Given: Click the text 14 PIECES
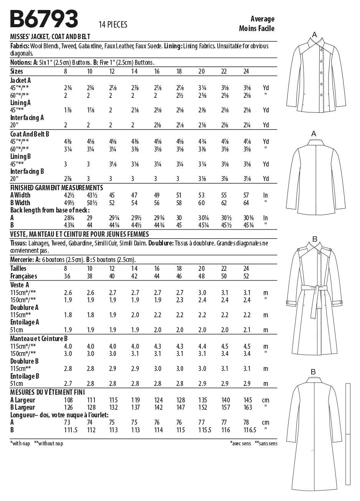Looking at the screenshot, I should tap(113, 25).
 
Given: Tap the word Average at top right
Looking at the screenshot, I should tap(263, 19).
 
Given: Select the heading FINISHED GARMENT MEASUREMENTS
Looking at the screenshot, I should tap(56, 188).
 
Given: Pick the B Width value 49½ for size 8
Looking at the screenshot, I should tap(69, 203).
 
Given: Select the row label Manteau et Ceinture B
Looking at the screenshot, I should tap(39, 339).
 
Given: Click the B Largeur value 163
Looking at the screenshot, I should tap(248, 407).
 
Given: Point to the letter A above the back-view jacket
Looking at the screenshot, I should tap(314, 134).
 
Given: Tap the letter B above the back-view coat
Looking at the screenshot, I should tap(313, 371).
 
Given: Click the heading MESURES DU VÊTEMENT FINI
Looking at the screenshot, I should tap(48, 392).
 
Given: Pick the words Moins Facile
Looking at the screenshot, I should tap(256, 28).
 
